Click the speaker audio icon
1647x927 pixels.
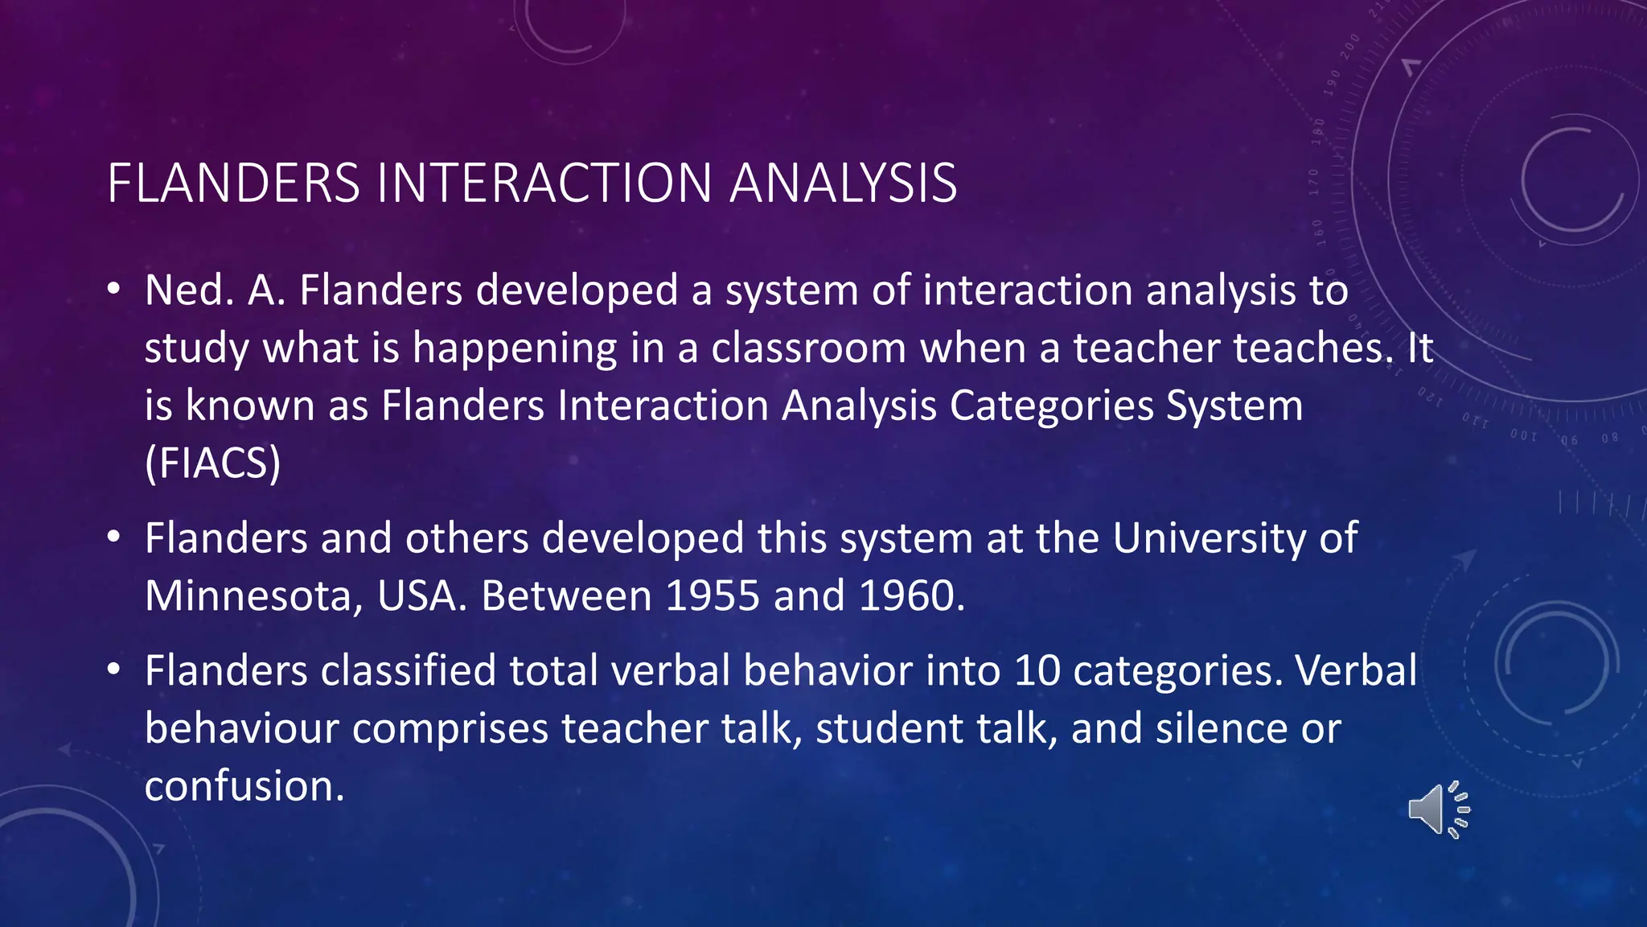(x=1438, y=810)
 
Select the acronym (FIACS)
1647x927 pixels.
(x=213, y=463)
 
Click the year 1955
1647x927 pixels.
(x=713, y=596)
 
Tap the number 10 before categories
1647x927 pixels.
(x=1037, y=671)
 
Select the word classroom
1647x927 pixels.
(x=808, y=348)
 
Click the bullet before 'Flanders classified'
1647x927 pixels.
(x=115, y=669)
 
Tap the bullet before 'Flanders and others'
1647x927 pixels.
(x=115, y=537)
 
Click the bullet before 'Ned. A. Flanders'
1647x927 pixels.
(x=115, y=289)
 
